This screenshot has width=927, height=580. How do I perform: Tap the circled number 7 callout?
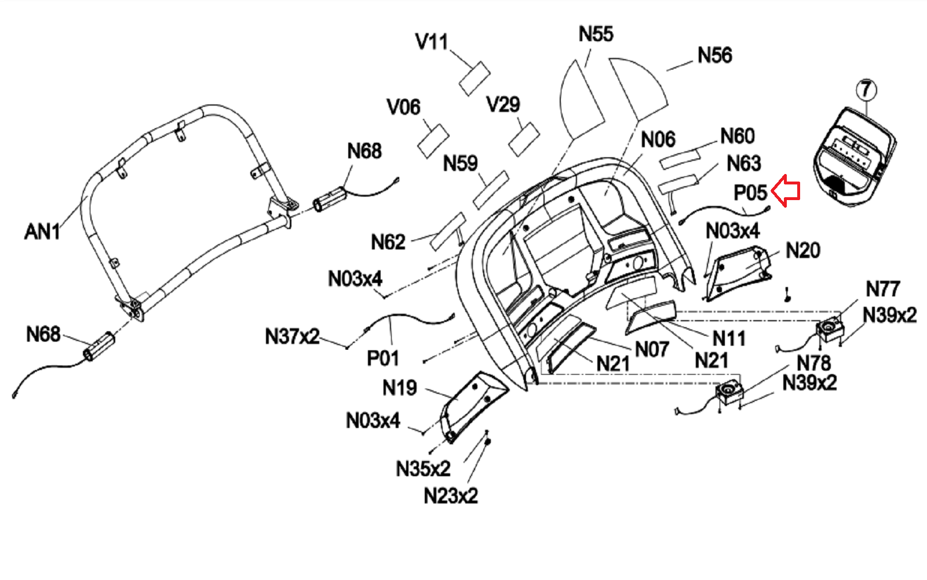tap(866, 89)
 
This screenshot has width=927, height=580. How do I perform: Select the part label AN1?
tap(42, 231)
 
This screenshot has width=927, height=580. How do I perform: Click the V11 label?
tap(432, 42)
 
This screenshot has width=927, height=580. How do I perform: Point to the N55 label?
tap(596, 34)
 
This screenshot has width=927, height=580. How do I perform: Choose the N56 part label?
tap(714, 55)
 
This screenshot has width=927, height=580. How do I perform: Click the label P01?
tap(383, 358)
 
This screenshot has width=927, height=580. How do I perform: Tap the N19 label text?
tap(399, 387)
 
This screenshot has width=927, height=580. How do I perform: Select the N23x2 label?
tap(451, 496)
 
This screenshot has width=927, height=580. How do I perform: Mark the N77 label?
tap(882, 288)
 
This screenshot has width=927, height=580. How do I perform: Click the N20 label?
tap(802, 251)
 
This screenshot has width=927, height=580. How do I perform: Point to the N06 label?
tap(658, 139)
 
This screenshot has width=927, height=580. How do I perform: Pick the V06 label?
tap(403, 107)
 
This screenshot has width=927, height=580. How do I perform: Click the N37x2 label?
tap(292, 336)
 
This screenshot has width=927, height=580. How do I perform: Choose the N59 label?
tap(460, 164)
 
